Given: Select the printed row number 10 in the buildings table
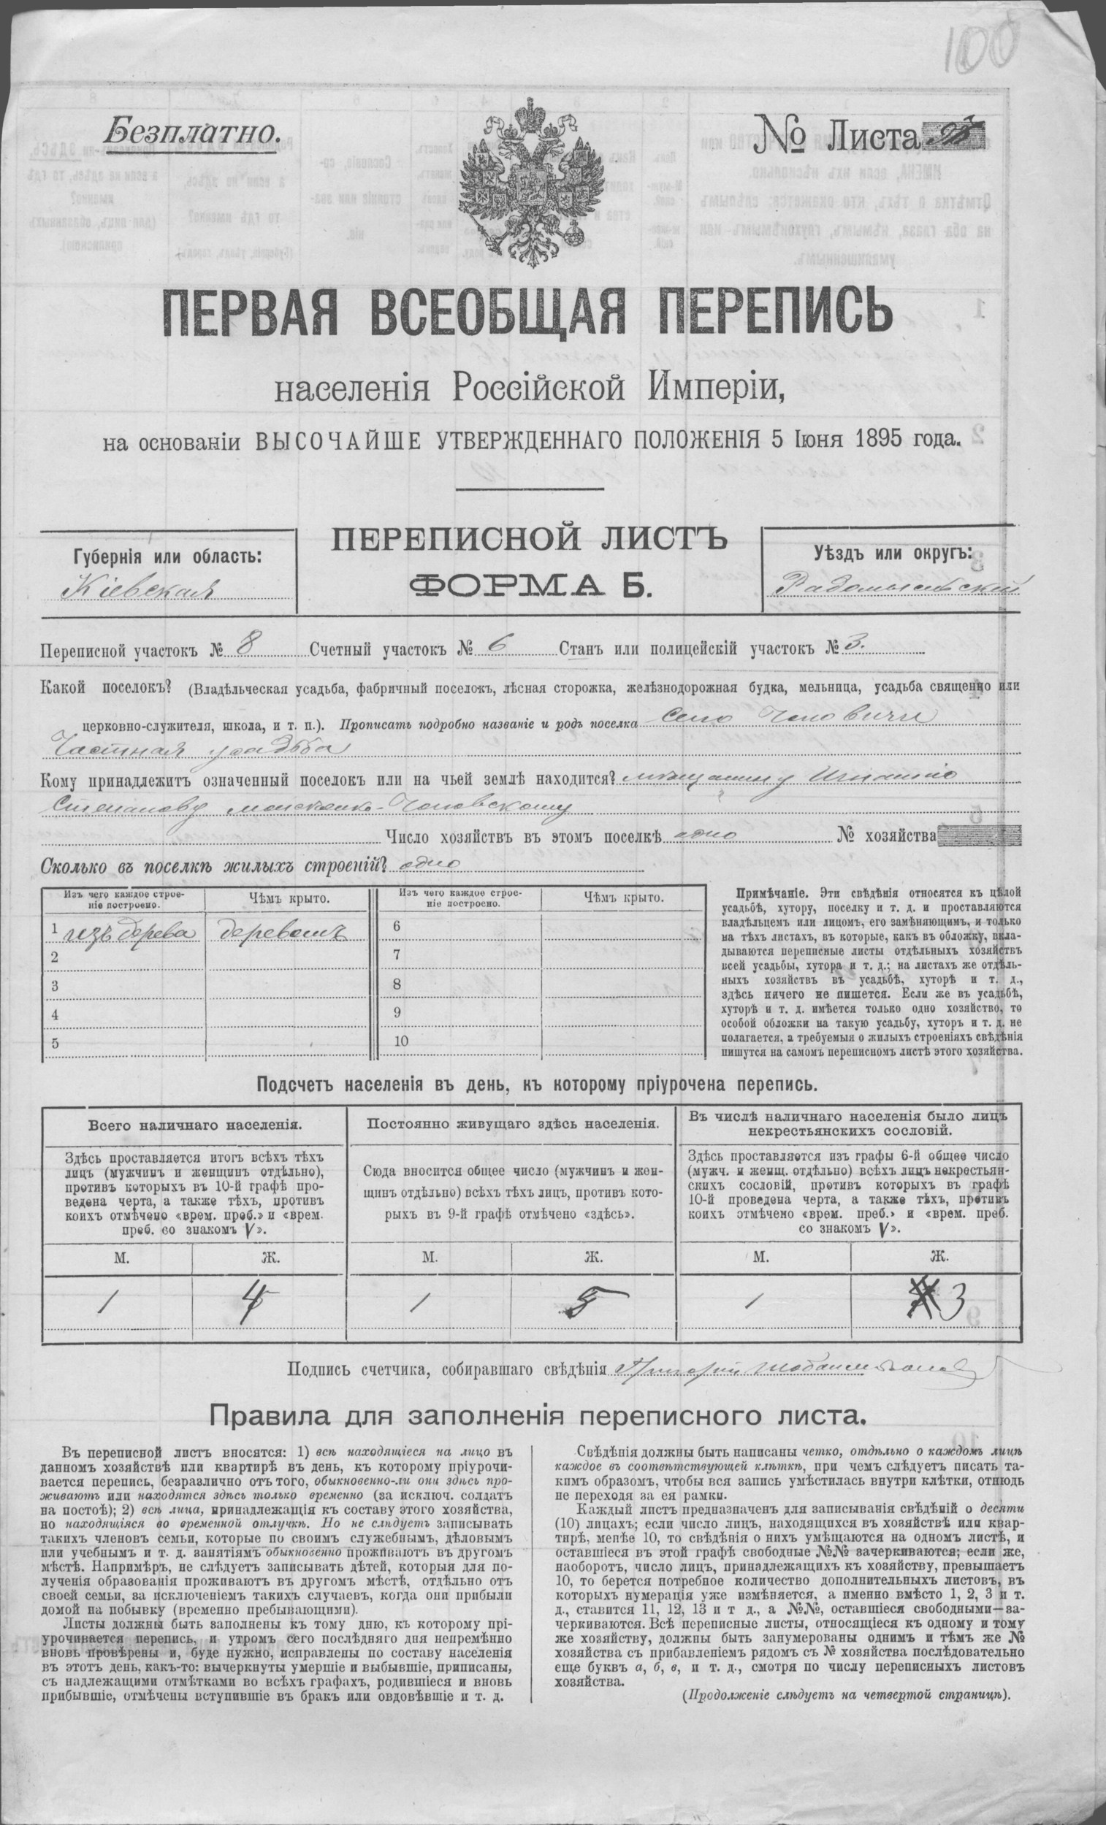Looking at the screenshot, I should click(403, 1040).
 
